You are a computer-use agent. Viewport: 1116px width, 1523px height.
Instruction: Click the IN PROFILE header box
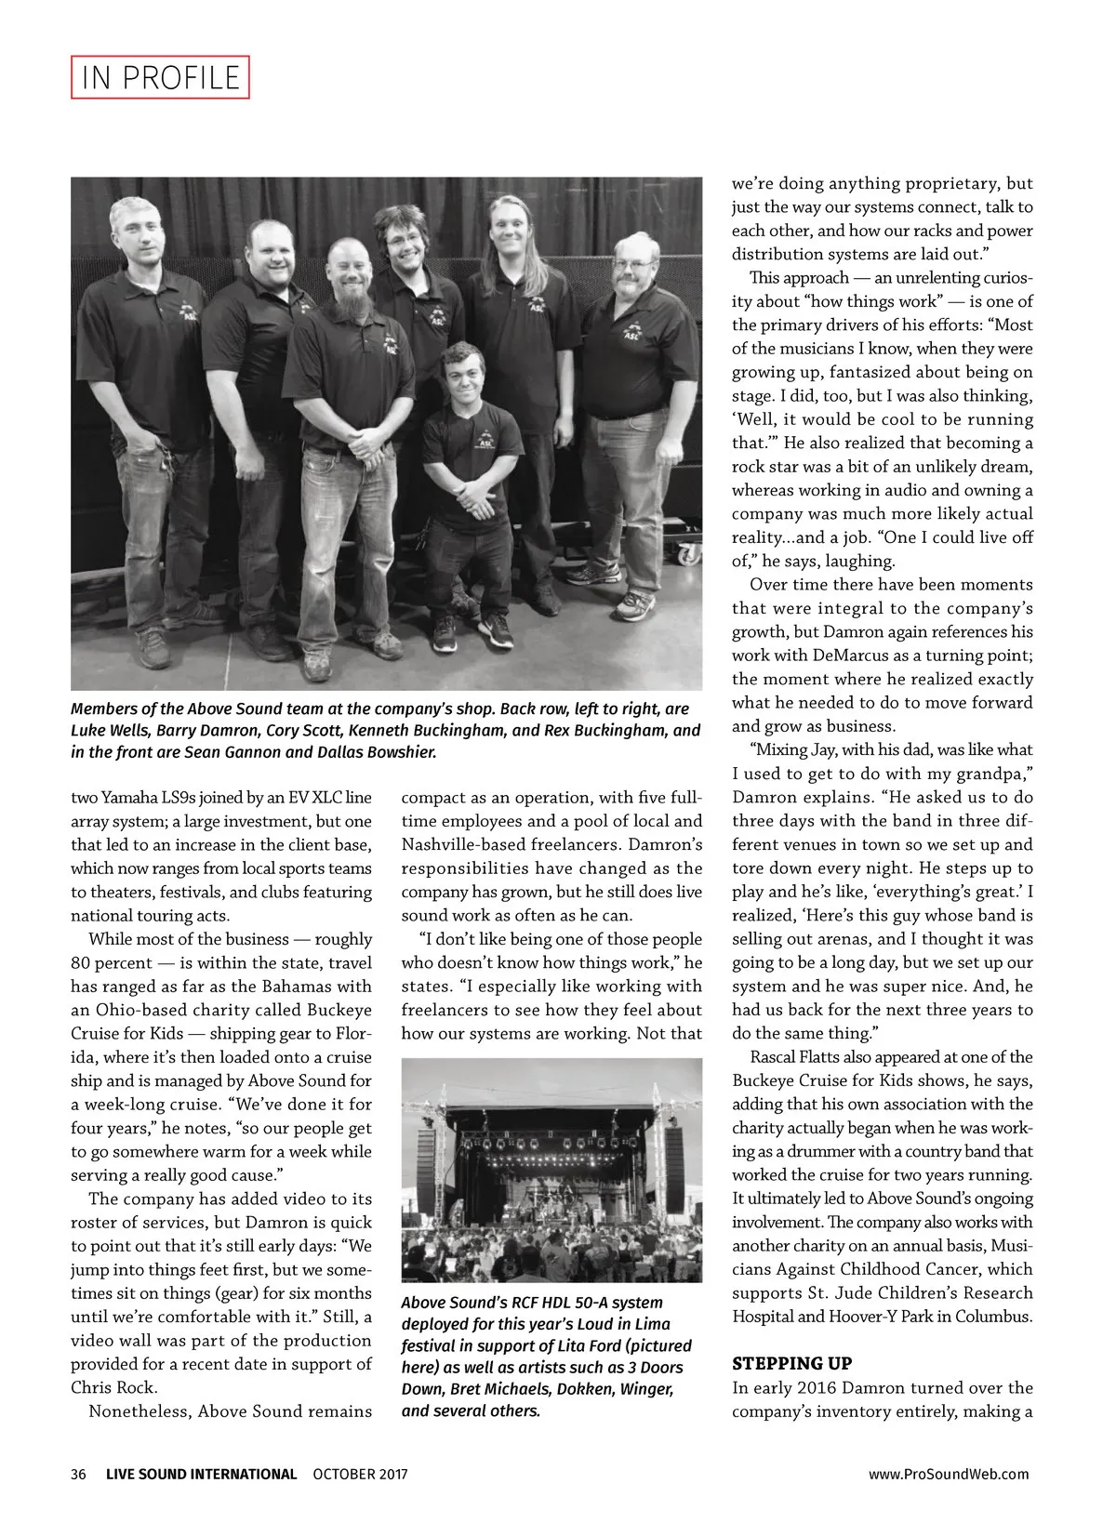pos(161,78)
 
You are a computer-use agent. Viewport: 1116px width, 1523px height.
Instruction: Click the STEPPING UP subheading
pos(792,1364)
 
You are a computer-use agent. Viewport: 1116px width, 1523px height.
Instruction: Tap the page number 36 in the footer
pos(78,1474)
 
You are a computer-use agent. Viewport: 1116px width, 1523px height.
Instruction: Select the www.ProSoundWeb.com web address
pos(949,1474)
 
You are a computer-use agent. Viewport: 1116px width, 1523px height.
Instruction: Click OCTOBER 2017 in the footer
pos(360,1474)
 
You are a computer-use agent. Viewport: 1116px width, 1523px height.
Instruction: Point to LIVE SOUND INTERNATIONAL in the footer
pos(202,1474)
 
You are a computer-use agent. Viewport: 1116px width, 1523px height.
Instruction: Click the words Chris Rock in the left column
pos(110,1387)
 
